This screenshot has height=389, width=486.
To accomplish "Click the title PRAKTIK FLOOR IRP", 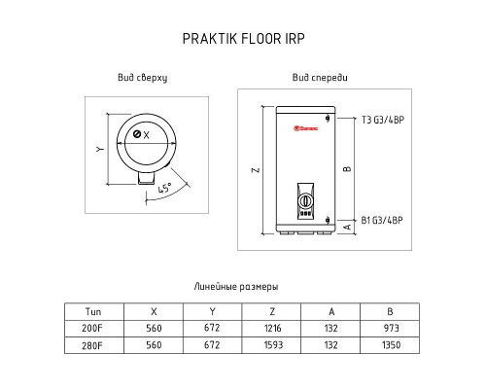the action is tap(243, 39).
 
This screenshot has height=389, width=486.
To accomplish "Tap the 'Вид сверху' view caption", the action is tap(143, 78).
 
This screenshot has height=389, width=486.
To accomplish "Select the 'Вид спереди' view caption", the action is tap(320, 78).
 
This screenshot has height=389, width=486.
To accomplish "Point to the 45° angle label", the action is tap(165, 188).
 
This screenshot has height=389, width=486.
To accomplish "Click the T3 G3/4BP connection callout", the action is tap(383, 120).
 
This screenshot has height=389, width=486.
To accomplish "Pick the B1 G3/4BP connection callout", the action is tap(382, 221).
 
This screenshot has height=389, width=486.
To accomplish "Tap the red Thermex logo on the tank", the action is tap(306, 128).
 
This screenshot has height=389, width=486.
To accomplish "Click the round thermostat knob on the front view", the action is tap(305, 201).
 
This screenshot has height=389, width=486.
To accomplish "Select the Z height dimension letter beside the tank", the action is tap(256, 170).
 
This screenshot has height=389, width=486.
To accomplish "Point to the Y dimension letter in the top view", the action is tap(100, 149).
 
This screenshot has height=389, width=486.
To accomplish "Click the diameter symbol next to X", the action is tap(137, 134).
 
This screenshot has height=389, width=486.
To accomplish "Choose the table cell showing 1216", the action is tap(272, 329).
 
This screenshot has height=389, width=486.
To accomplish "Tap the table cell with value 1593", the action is tap(273, 345).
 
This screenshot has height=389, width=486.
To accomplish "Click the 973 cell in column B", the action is tap(391, 328).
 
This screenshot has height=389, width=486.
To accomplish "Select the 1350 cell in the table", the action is tap(391, 345).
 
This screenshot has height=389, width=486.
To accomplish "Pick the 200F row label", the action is tap(92, 329).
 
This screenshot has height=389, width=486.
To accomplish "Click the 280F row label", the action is tap(92, 345).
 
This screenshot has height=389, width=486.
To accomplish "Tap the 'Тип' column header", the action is tap(93, 312).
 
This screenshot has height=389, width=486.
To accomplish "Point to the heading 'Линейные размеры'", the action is tap(236, 287).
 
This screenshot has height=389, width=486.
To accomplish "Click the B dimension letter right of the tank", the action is tap(347, 168).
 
